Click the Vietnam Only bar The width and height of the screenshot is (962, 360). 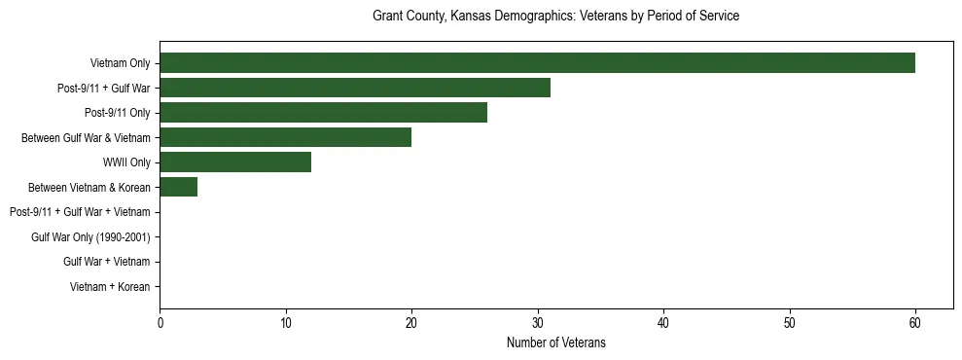tap(537, 63)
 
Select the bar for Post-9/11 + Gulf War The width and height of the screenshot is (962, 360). tap(355, 88)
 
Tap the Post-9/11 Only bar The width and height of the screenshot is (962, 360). tap(323, 113)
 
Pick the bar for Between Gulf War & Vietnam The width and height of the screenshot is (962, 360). tap(285, 137)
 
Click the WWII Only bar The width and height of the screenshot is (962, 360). tap(235, 162)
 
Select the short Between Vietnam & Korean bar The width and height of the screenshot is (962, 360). tap(178, 187)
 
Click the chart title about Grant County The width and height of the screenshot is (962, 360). tap(555, 17)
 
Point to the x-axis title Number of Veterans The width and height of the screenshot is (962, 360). tap(555, 342)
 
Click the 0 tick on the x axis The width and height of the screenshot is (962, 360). tap(160, 323)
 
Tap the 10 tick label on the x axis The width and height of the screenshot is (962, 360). tap(285, 323)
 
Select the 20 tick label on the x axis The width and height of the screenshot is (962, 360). tap(411, 323)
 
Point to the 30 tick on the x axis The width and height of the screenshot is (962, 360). tap(537, 323)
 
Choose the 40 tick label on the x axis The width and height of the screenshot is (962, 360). tap(663, 323)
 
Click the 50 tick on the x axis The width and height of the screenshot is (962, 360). tap(789, 323)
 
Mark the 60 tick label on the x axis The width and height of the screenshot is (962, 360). tap(915, 323)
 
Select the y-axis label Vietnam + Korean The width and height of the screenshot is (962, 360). tap(110, 286)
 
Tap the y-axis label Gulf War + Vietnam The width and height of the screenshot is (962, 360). tap(106, 262)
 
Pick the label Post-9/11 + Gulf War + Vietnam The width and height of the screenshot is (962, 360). tap(80, 212)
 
